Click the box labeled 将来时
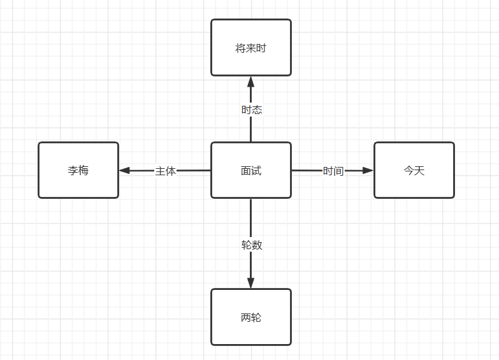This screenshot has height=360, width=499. [250, 48]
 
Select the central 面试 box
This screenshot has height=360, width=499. [250, 170]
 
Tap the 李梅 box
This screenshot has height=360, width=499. [78, 170]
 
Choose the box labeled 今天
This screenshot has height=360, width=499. [414, 170]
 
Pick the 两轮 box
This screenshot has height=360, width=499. [250, 317]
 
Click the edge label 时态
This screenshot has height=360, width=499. [251, 110]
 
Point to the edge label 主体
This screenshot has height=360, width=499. [165, 171]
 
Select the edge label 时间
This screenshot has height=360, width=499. [333, 171]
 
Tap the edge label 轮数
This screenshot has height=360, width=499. [251, 245]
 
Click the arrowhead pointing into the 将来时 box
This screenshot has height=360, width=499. [250, 82]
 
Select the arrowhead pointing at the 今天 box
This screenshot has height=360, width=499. [368, 170]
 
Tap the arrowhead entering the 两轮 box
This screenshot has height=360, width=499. [250, 283]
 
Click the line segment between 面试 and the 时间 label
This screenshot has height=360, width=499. [306, 170]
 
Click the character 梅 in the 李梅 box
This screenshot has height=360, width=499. [83, 171]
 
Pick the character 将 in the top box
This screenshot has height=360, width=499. [240, 48]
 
